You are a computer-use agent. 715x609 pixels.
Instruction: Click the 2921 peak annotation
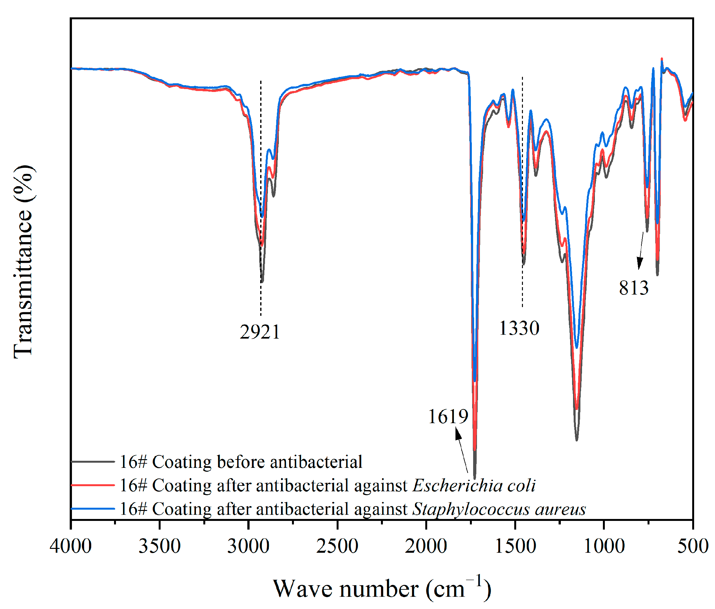260,332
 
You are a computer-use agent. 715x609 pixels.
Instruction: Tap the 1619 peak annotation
448,417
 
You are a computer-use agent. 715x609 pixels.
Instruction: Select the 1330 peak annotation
519,328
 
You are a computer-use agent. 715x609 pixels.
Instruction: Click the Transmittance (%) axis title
23,261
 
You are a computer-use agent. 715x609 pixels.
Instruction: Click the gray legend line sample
93,462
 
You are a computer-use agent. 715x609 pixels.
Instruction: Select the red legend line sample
93,485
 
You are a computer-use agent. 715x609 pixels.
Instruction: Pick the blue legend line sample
93,509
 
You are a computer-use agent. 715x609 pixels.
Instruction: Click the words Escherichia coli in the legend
474,486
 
